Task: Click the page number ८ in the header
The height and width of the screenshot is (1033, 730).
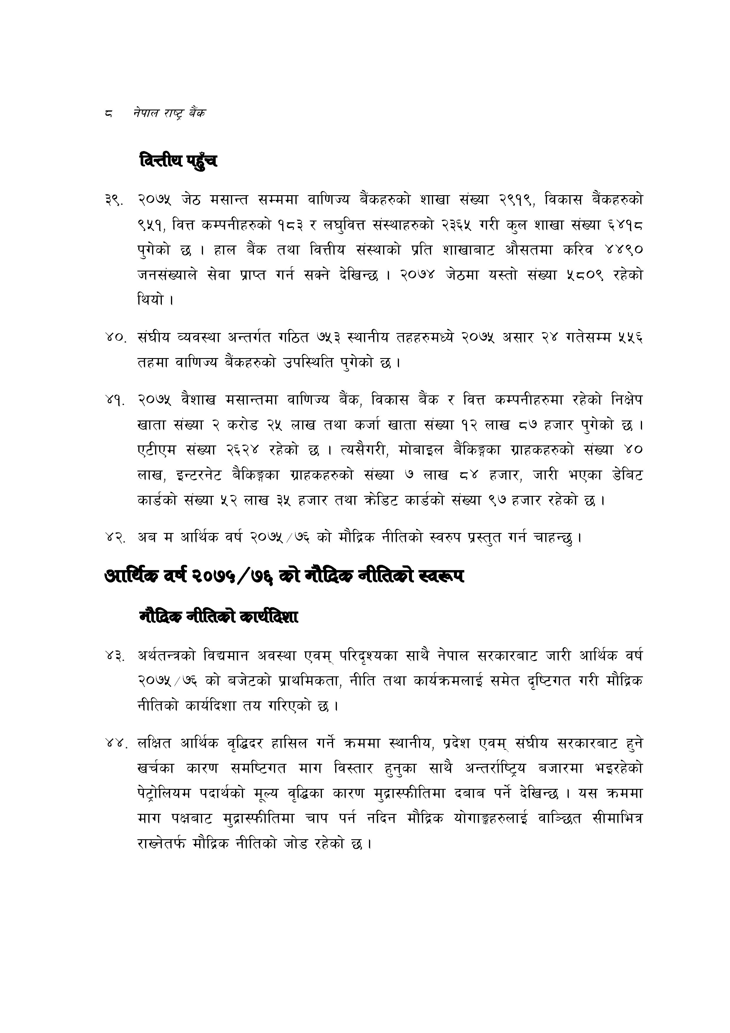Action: [x=108, y=113]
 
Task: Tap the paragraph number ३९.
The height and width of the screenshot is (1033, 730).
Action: [x=114, y=199]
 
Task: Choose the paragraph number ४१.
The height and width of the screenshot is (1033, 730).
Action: [x=114, y=400]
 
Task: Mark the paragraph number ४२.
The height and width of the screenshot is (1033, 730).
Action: [x=114, y=537]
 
